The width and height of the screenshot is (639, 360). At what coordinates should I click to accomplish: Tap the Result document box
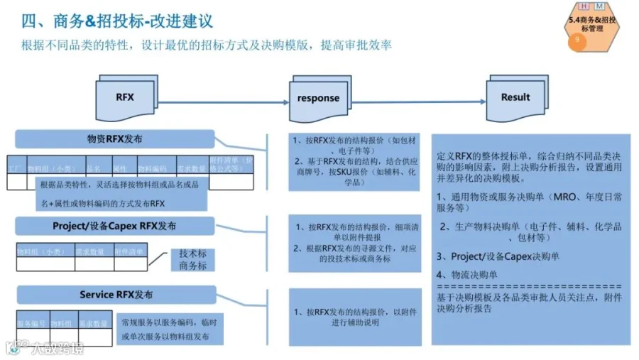[x=515, y=97]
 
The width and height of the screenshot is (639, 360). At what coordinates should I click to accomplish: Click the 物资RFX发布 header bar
[x=114, y=139]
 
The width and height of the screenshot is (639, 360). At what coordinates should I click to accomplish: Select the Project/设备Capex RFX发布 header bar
[x=114, y=227]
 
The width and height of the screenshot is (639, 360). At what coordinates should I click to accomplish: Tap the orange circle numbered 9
[x=577, y=41]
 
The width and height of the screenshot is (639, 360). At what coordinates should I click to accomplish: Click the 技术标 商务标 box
[x=192, y=259]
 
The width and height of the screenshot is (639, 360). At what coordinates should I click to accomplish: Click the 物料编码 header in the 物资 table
[x=152, y=169]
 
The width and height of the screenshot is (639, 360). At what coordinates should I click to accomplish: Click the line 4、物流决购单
[x=467, y=275]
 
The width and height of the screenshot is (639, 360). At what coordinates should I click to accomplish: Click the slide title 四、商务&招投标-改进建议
[x=118, y=22]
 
